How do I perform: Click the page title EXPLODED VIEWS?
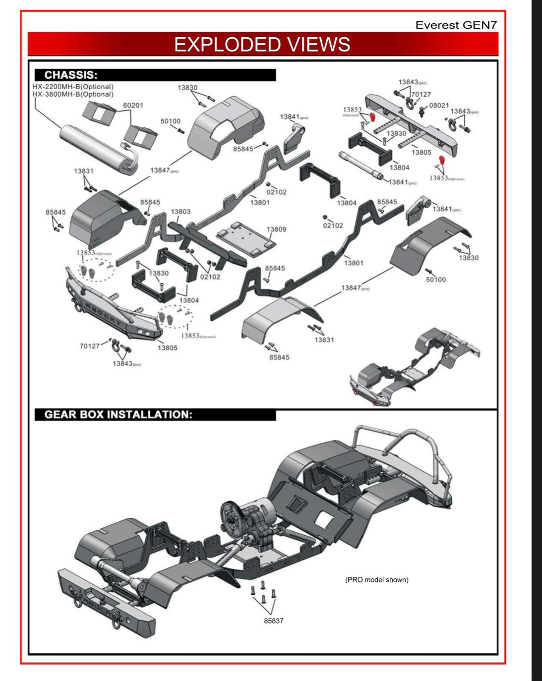tap(262, 45)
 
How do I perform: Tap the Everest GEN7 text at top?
tap(456, 25)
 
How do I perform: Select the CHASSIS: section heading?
tap(71, 75)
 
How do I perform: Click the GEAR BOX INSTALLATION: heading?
tap(118, 415)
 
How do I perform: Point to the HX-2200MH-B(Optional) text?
tap(73, 87)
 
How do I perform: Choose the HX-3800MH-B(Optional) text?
tap(73, 94)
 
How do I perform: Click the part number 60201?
tap(133, 106)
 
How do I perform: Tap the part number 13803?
tap(181, 212)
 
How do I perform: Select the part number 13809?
tap(276, 229)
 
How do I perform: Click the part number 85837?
tap(273, 621)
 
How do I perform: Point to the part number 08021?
tap(439, 106)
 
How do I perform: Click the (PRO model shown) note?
tap(376, 579)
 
